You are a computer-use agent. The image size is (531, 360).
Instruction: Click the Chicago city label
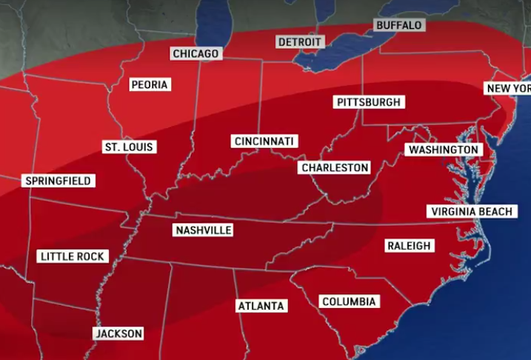[196, 53]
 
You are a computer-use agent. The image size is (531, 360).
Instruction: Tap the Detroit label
[300, 41]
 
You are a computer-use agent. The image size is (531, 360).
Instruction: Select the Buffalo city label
[399, 25]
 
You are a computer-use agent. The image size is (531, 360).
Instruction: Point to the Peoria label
[150, 84]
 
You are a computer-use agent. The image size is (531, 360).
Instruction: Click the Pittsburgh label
[368, 101]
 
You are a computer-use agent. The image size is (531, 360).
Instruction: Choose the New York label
[508, 89]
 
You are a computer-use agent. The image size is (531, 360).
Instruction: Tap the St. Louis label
[128, 147]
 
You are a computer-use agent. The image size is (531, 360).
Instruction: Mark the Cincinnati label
[264, 141]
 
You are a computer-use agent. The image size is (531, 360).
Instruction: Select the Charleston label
[335, 168]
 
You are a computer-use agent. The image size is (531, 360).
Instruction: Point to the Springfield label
[58, 181]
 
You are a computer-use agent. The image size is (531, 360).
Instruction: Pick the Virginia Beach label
[471, 212]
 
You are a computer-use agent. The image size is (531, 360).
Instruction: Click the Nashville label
[203, 230]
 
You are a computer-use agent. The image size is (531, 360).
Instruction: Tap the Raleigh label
[410, 246]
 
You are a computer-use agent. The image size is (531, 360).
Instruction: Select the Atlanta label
[261, 305]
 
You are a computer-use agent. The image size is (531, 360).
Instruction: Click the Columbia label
[350, 301]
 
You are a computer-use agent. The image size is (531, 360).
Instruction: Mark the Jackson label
[118, 333]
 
